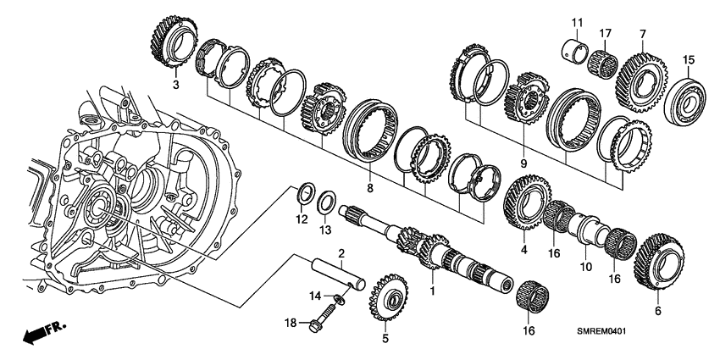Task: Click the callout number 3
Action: tap(175, 86)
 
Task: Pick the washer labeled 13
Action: tap(324, 206)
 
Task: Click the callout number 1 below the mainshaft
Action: tap(434, 291)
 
